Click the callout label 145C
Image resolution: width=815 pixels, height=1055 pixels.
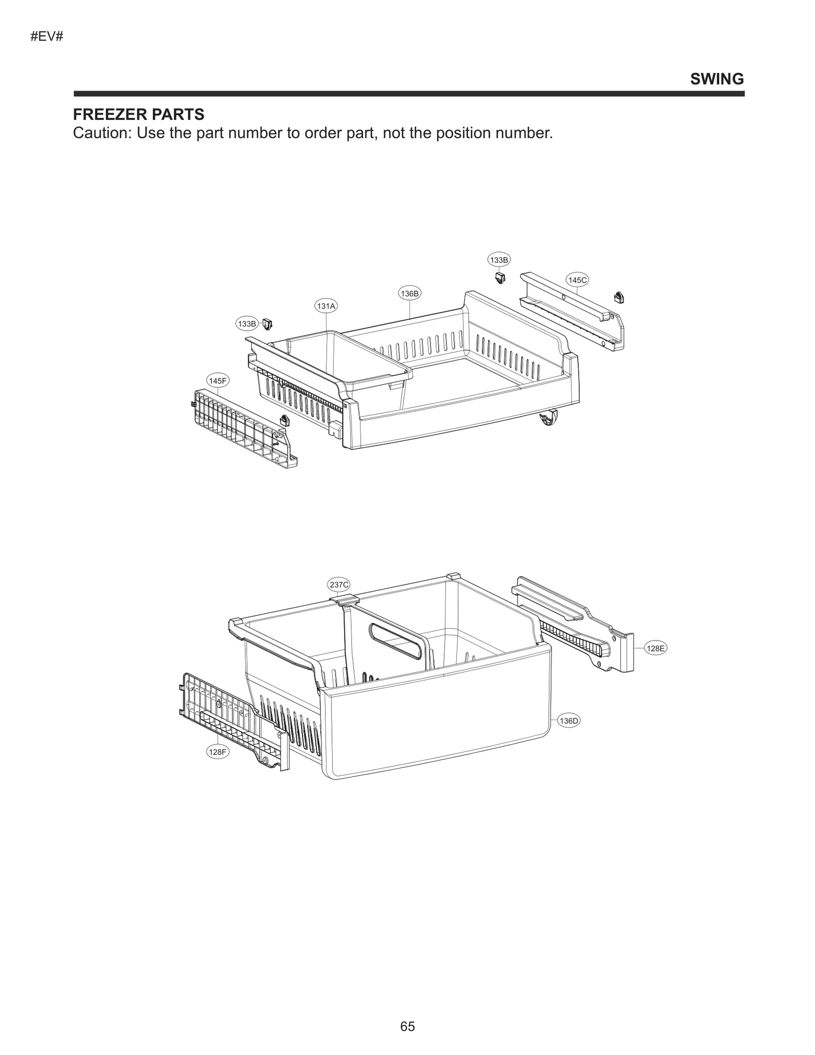point(577,280)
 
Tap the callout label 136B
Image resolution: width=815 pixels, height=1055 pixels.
point(410,293)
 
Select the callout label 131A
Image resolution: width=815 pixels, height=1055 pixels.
point(326,306)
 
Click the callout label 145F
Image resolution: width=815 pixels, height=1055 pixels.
point(218,381)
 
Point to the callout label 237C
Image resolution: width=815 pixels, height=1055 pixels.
point(339,585)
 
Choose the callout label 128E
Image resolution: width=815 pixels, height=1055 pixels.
point(655,648)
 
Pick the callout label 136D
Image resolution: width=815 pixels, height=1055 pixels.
point(569,721)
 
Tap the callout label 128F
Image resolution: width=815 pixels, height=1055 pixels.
point(218,751)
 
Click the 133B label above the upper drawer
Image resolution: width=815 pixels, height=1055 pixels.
point(499,260)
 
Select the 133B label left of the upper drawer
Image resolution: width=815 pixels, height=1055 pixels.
point(247,323)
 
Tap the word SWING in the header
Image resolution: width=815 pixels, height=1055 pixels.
point(717,79)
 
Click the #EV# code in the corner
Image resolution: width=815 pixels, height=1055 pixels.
point(47,37)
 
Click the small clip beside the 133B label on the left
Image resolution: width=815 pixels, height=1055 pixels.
point(268,323)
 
